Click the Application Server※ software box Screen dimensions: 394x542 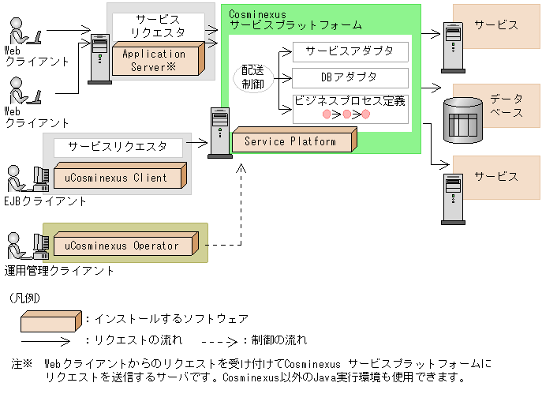pyautogui.click(x=157, y=60)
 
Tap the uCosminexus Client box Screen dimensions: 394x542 pyautogui.click(x=118, y=178)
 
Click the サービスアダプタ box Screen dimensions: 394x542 pyautogui.click(x=350, y=53)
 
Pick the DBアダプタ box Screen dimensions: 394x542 pyautogui.click(x=350, y=77)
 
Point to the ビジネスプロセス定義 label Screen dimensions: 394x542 pyautogui.click(x=349, y=100)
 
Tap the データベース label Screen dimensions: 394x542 pyautogui.click(x=506, y=106)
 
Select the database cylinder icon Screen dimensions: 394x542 pyautogui.click(x=462, y=121)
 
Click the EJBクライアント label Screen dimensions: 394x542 pyautogui.click(x=47, y=201)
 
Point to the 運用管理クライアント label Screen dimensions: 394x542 pyautogui.click(x=60, y=271)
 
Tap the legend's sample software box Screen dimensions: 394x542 pyautogui.click(x=49, y=320)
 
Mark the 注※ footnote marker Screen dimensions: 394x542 pyautogui.click(x=21, y=364)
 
